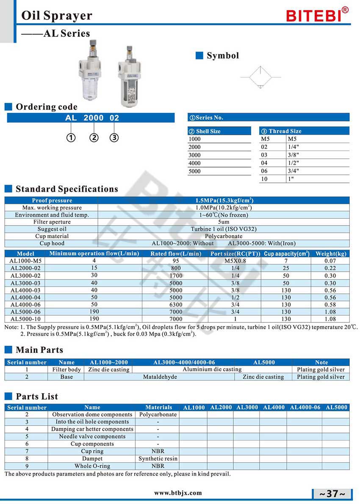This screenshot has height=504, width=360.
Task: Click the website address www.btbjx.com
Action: tap(178, 493)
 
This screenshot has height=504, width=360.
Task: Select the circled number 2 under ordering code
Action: tap(94, 138)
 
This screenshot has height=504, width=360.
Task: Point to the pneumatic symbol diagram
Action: tap(260, 77)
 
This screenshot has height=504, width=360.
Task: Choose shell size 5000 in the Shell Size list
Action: tap(195, 171)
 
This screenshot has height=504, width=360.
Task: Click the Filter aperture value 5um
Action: tap(224, 222)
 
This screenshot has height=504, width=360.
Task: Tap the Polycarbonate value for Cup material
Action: tap(224, 236)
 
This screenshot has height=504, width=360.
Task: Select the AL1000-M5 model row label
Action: tap(25, 261)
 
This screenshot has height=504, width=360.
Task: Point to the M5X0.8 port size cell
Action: tap(235, 261)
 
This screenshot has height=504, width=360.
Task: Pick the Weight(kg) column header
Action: tap(331, 253)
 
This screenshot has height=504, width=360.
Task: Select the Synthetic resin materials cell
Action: tap(158, 458)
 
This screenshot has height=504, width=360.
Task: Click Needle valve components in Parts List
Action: tap(92, 436)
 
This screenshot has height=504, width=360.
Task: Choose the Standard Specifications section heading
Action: tap(66, 189)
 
